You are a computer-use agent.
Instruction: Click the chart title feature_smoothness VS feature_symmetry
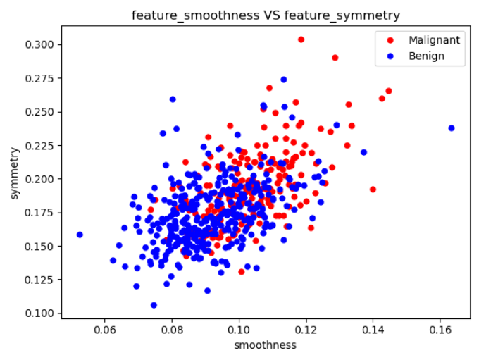pos(266,15)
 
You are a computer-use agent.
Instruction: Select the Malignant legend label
pos(434,40)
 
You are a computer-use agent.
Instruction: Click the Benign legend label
pos(426,56)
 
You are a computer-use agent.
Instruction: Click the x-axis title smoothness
pos(266,345)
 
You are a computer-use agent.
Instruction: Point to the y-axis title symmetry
pos(14,173)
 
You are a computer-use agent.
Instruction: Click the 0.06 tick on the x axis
pos(105,329)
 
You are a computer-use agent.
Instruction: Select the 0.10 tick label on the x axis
pos(239,329)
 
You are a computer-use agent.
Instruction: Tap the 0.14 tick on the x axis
pos(373,329)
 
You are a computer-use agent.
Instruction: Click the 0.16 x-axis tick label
pos(440,329)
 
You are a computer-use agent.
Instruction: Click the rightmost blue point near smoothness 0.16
pos(452,128)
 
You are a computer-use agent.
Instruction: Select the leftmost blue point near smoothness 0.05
pos(80,235)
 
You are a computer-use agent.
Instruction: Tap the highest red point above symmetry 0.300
pos(301,39)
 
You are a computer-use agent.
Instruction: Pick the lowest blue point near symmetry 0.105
pos(154,305)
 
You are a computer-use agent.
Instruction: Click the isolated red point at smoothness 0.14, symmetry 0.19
pos(373,190)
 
